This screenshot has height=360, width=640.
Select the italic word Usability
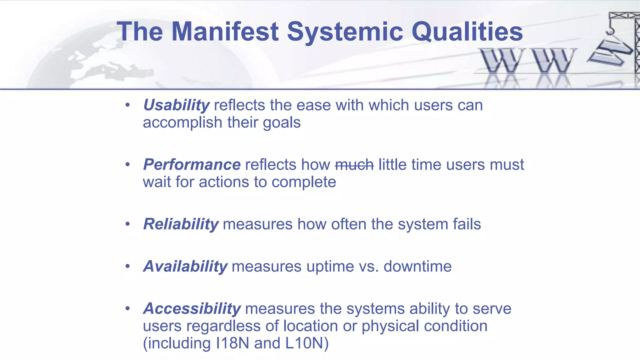point(176,105)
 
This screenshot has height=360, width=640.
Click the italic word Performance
point(192,165)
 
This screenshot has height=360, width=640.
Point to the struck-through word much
point(354,165)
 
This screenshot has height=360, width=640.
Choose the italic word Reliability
point(181,224)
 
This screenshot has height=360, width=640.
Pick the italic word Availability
point(185,267)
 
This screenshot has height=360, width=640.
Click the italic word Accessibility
point(192,309)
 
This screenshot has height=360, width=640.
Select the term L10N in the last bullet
point(304,343)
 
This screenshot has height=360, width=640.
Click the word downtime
point(417,267)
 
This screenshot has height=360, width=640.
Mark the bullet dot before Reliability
point(127,224)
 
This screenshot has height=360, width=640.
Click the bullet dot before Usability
point(127,105)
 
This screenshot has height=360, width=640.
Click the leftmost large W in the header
point(502,61)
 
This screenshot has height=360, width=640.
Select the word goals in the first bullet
point(282,123)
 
